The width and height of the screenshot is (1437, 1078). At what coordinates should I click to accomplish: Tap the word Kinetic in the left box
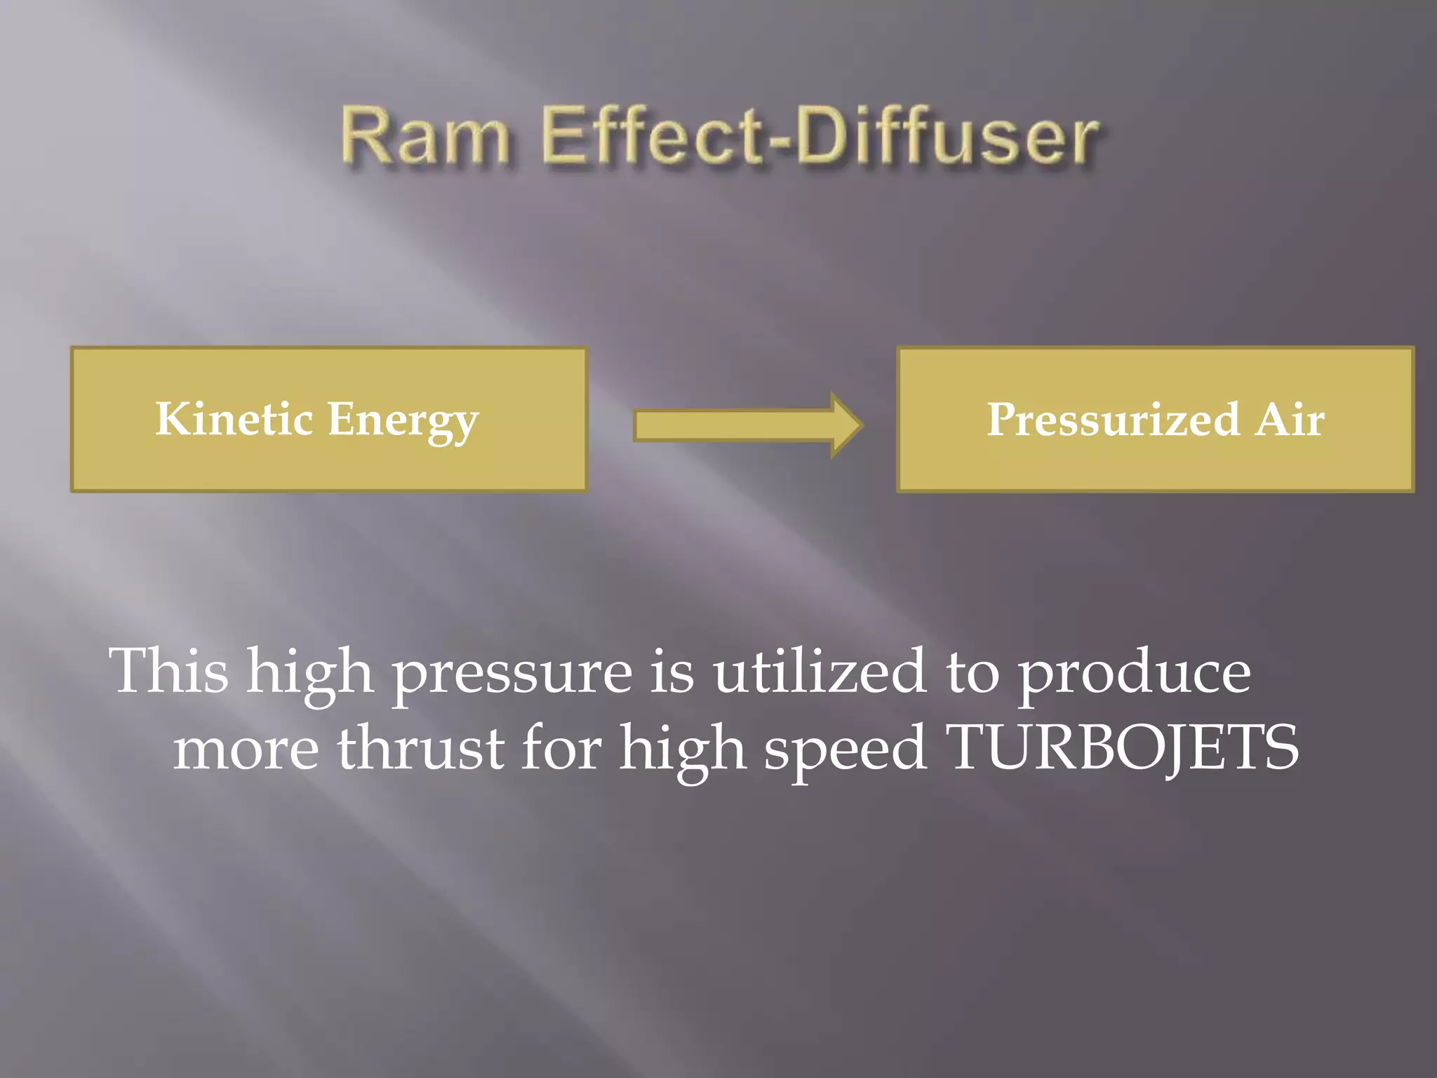click(x=234, y=419)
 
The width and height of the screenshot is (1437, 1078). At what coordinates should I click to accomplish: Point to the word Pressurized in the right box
click(x=1113, y=420)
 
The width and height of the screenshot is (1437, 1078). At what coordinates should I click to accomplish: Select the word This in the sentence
click(x=168, y=671)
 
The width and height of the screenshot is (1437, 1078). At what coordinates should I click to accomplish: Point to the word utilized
click(x=820, y=671)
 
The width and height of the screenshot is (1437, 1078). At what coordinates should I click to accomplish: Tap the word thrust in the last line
click(x=421, y=748)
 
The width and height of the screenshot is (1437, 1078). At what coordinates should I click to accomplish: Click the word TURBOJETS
click(x=1121, y=748)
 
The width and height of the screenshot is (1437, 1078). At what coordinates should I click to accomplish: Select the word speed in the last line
click(x=845, y=751)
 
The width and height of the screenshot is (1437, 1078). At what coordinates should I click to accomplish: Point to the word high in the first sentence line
click(x=309, y=674)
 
